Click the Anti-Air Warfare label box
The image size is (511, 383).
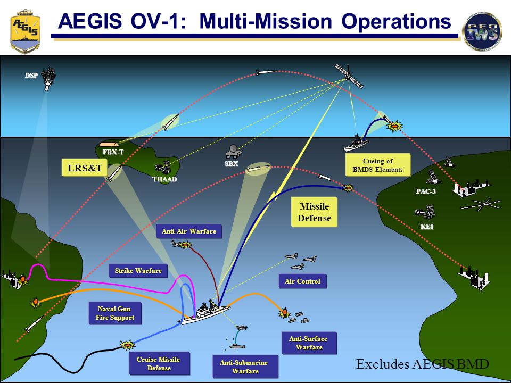[188, 231]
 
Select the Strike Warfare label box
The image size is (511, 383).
[138, 271]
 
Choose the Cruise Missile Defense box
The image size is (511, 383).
[158, 364]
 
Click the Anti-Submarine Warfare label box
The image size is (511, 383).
[245, 367]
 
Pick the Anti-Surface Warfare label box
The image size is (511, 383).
[309, 343]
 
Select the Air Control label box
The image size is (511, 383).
[302, 281]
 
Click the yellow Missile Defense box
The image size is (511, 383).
[315, 212]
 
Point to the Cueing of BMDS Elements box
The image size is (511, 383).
[377, 165]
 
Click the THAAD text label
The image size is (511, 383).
[164, 179]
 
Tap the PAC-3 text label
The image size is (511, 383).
[426, 191]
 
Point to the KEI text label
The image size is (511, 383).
[427, 227]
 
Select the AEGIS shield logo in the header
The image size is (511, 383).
[25, 30]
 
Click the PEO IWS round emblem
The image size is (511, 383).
[482, 31]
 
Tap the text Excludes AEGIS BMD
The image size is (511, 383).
[422, 364]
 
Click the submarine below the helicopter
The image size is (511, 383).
[236, 346]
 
